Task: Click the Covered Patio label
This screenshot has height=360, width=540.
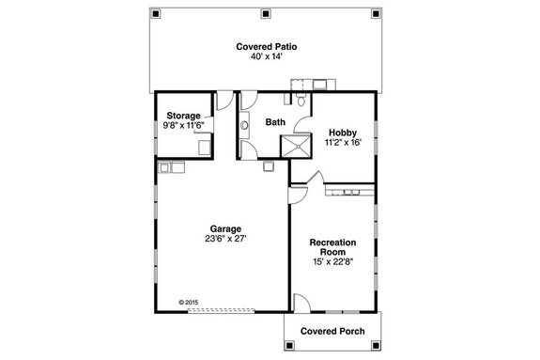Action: pos(267,45)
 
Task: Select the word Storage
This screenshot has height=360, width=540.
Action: pos(184,115)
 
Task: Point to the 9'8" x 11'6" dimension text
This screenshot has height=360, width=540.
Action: pos(184,125)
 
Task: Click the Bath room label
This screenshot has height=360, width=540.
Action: pos(275,122)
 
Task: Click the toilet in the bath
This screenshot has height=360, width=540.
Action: pos(299,100)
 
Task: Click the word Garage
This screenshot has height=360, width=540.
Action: pos(227,228)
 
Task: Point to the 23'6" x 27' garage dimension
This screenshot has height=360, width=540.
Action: pos(227,240)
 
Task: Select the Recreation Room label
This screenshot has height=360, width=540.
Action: pos(332,247)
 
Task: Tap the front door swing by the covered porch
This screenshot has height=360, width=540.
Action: pos(301,303)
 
